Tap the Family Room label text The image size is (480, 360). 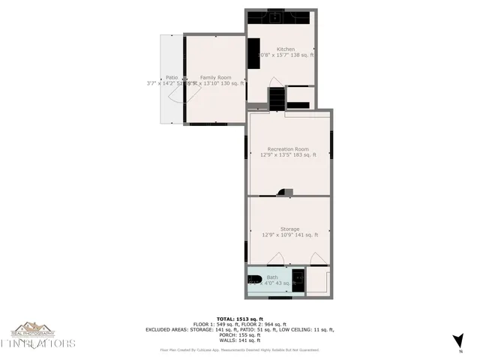pyautogui.click(x=215, y=77)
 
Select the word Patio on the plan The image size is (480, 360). pyautogui.click(x=172, y=77)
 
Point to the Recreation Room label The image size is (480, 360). pyautogui.click(x=289, y=148)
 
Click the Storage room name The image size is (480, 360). pyautogui.click(x=289, y=229)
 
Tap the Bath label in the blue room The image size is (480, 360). pyautogui.click(x=271, y=277)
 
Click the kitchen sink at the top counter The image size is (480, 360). pyautogui.click(x=275, y=16)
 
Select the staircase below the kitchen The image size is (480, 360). pyautogui.click(x=277, y=97)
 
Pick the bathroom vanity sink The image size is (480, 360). pyautogui.click(x=298, y=279)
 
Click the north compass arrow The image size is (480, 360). pyautogui.click(x=459, y=341)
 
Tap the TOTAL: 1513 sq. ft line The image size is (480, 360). pyautogui.click(x=239, y=318)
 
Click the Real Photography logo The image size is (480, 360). pyautogui.click(x=32, y=330)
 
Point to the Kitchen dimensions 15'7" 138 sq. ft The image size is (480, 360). pyautogui.click(x=289, y=55)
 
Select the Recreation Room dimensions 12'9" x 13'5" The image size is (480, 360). pyautogui.click(x=288, y=155)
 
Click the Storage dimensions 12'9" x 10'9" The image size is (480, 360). pyautogui.click(x=289, y=235)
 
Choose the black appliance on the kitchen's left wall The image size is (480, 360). pyautogui.click(x=254, y=54)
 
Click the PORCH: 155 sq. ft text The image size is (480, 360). pyautogui.click(x=239, y=334)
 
